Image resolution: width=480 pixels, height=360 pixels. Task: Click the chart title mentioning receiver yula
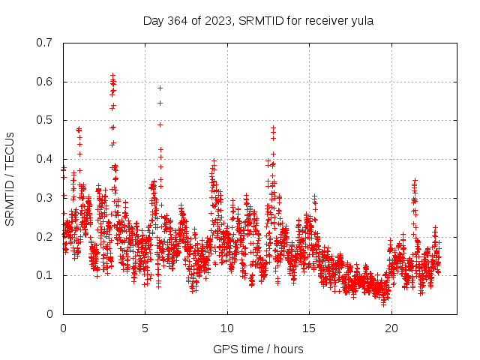click(258, 20)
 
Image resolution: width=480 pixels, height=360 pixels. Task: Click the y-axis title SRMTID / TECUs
click(10, 178)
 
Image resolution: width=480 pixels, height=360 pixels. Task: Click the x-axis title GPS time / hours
click(258, 349)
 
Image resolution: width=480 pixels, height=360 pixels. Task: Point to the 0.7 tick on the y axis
click(44, 43)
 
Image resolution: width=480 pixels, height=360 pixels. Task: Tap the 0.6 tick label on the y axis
click(44, 82)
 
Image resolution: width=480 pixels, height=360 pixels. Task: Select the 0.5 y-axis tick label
click(44, 120)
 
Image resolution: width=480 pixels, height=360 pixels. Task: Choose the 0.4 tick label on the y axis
click(44, 159)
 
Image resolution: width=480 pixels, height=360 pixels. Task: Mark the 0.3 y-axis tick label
click(44, 198)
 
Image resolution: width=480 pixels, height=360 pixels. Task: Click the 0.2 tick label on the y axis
click(44, 236)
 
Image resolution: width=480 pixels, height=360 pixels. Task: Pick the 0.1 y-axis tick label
click(44, 275)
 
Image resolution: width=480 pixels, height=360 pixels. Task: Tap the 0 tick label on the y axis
click(49, 314)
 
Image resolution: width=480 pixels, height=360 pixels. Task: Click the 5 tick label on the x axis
click(145, 328)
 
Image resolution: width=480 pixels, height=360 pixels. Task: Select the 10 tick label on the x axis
click(227, 328)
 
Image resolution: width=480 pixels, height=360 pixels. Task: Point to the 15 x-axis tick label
click(309, 328)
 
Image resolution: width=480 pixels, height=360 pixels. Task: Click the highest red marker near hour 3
click(112, 75)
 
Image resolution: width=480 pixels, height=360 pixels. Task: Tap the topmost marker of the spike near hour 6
click(160, 88)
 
